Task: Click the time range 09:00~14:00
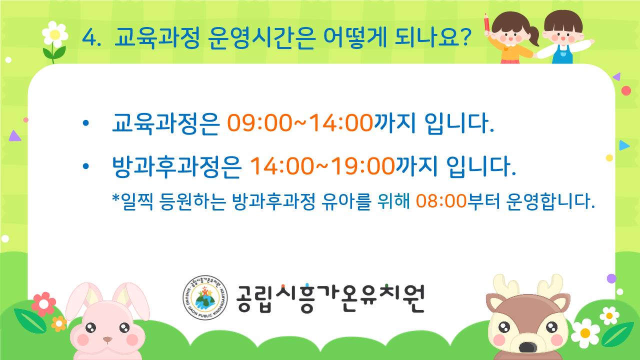click(300, 123)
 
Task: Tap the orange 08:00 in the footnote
click(441, 201)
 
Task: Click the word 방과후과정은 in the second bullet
click(177, 166)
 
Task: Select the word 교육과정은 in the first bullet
click(165, 123)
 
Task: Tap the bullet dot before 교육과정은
click(85, 123)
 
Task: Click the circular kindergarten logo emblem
click(205, 297)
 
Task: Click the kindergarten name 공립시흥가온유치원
click(330, 298)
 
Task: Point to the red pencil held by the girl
click(487, 23)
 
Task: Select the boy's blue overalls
click(562, 55)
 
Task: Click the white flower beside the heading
click(55, 34)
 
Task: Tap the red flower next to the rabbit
click(43, 304)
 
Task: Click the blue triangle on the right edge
click(623, 145)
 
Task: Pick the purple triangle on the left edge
click(14, 136)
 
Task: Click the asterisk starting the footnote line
click(115, 197)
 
